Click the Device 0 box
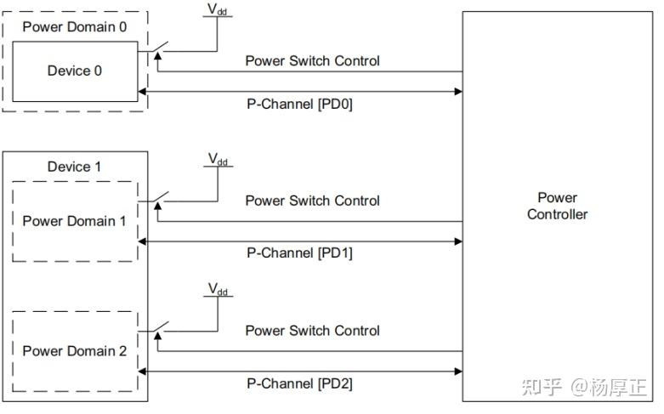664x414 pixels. [x=74, y=71]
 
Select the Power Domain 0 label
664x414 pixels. [x=75, y=26]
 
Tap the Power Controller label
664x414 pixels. [x=557, y=206]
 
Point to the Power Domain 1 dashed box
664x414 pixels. [x=74, y=221]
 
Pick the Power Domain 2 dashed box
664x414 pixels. [x=74, y=350]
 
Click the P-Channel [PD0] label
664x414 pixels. [x=299, y=106]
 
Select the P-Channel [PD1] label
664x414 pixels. [x=299, y=252]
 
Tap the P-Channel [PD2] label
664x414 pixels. [x=299, y=383]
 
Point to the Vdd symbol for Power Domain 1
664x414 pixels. [x=218, y=160]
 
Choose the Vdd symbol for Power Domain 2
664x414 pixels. [x=218, y=291]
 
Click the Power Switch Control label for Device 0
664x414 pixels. [x=312, y=61]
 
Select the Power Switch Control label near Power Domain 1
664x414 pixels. [x=312, y=201]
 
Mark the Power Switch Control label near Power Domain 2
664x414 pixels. [x=312, y=331]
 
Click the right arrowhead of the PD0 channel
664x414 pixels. [x=457, y=91]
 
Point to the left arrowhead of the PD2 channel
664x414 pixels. [x=143, y=371]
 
